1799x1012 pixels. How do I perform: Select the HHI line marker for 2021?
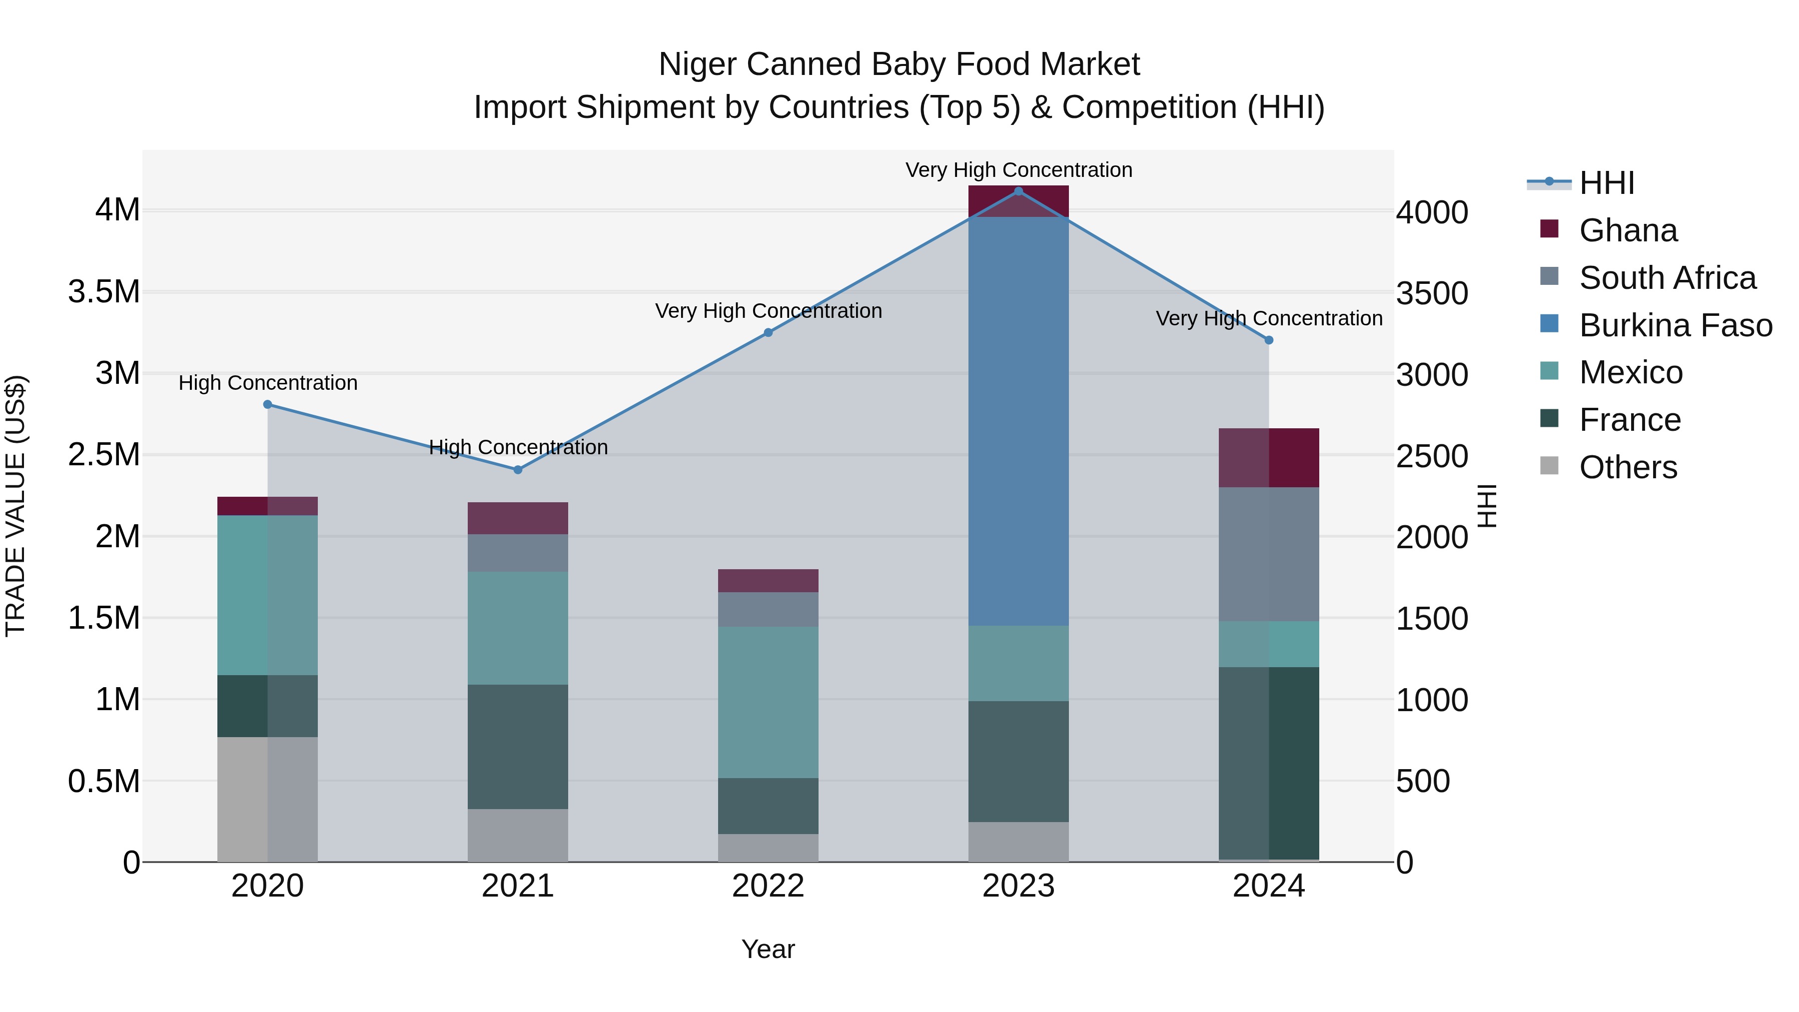(518, 470)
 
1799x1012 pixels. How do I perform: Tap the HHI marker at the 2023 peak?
(1018, 191)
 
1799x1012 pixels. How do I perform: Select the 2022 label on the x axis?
(768, 886)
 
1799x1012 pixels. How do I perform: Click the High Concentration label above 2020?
(268, 383)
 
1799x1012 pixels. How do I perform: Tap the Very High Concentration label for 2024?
(1269, 318)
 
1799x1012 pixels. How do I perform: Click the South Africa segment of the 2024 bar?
(1269, 554)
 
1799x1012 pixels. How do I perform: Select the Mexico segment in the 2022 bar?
(768, 702)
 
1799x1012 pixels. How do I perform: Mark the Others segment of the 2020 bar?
(267, 799)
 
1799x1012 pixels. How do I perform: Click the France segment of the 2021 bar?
(518, 747)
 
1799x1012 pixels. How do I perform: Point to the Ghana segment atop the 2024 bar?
(1269, 457)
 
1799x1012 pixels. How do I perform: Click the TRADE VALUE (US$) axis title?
(15, 506)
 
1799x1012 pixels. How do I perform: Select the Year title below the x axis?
(768, 949)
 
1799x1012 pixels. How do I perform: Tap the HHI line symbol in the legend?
(1549, 182)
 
